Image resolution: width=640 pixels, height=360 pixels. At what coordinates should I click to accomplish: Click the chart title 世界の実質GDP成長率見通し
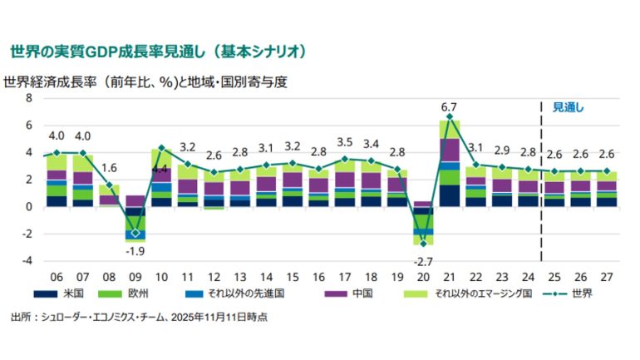[x=158, y=52]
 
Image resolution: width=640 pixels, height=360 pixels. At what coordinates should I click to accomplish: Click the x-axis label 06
[x=57, y=276]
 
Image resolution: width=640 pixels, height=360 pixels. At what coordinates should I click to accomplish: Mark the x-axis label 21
[x=449, y=276]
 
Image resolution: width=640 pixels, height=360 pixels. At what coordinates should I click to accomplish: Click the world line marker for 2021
[x=450, y=116]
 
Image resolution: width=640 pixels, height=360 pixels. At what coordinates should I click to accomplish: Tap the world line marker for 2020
[x=423, y=243]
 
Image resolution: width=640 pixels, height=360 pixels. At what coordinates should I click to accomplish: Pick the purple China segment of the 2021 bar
[x=450, y=150]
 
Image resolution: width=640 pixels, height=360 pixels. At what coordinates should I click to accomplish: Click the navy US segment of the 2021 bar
[x=450, y=195]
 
